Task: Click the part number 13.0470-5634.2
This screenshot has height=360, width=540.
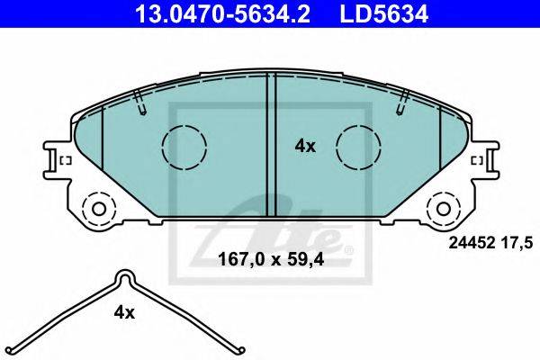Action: (x=223, y=14)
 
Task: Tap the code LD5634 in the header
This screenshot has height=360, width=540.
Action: (x=384, y=14)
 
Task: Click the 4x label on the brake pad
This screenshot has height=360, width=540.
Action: (x=305, y=147)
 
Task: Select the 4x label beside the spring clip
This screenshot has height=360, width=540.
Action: (x=124, y=312)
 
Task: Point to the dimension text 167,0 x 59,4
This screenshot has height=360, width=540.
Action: (x=271, y=260)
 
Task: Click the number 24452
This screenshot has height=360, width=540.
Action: (x=471, y=243)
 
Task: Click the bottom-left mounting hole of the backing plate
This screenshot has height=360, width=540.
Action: (x=99, y=209)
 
